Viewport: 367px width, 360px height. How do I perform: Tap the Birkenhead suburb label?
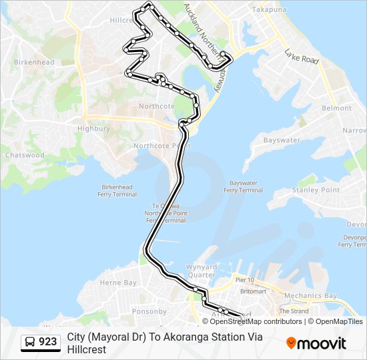click(33, 62)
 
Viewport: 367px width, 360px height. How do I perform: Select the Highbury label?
click(93, 129)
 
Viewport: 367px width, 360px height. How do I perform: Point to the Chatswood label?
click(25, 155)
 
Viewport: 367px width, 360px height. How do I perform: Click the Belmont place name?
click(336, 108)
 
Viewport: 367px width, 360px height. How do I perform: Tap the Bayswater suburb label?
click(281, 141)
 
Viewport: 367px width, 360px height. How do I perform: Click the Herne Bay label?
click(118, 283)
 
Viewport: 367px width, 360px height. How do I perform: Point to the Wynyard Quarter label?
click(202, 271)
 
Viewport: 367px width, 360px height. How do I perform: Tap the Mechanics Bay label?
click(310, 295)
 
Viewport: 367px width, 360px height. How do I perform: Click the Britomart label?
click(253, 291)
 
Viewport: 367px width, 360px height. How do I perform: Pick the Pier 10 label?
click(245, 280)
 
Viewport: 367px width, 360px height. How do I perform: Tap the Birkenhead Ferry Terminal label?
click(119, 191)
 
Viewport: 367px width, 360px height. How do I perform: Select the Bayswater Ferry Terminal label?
click(243, 186)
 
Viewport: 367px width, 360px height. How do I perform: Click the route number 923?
click(48, 342)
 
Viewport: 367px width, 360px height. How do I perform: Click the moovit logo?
click(316, 343)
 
